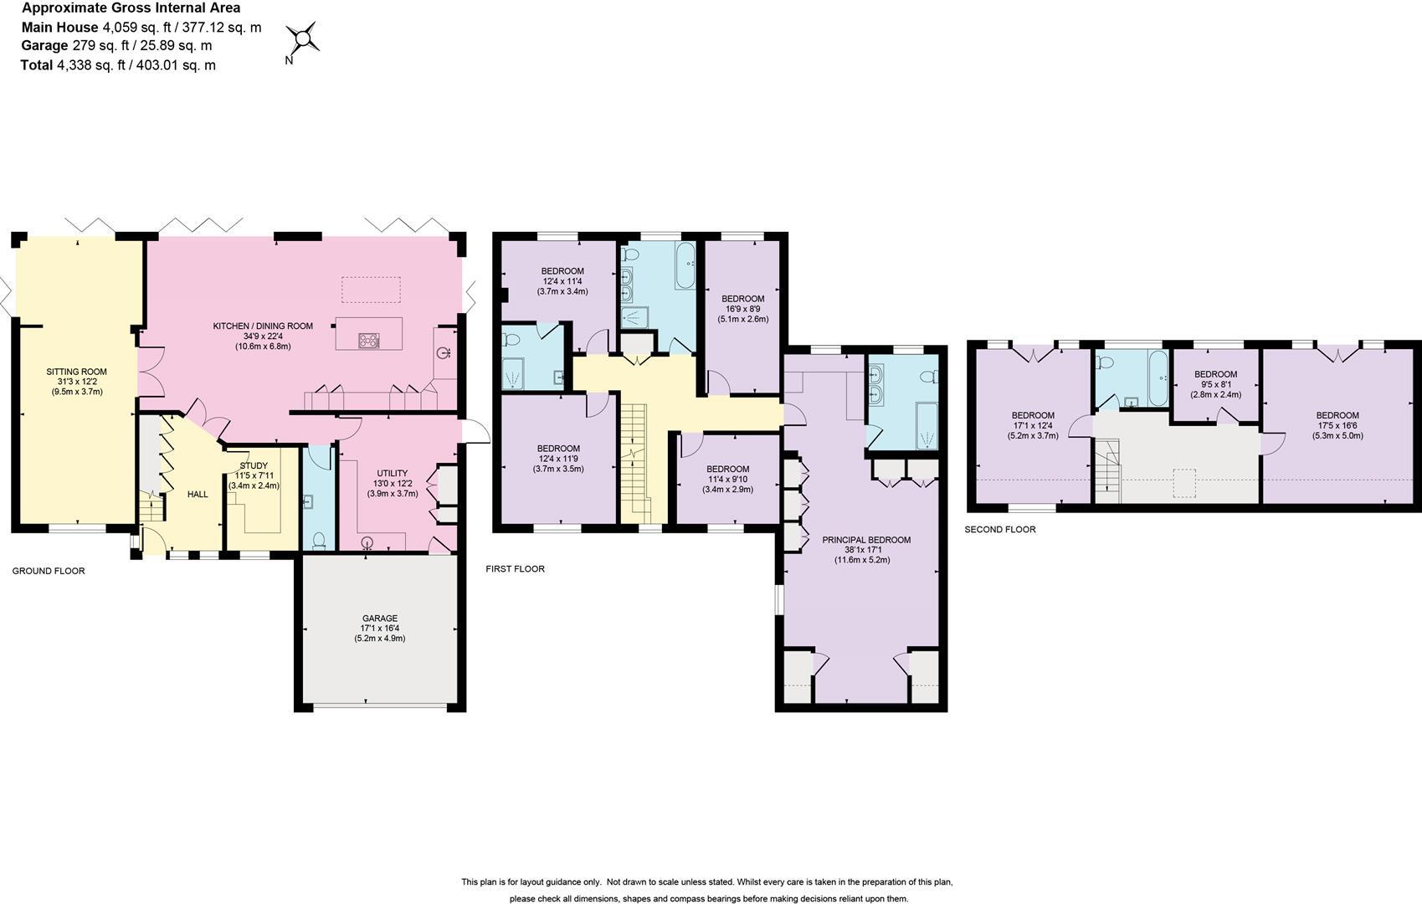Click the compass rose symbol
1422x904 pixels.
[x=302, y=39]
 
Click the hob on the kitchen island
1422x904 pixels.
[x=368, y=340]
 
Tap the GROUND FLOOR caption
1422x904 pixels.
[x=49, y=571]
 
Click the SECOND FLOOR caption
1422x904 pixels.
[x=999, y=529]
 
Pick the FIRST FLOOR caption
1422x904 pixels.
[x=515, y=568]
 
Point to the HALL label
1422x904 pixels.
[x=198, y=495]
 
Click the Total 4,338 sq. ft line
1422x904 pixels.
[x=118, y=65]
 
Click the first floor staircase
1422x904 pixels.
[x=635, y=460]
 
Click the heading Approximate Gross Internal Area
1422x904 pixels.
[x=131, y=8]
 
